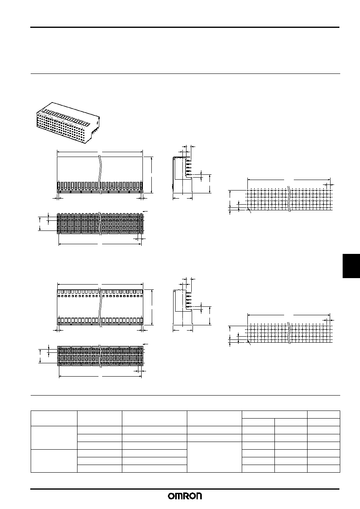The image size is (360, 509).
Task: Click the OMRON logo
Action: coord(185,496)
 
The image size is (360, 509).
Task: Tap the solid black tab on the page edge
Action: coord(351,266)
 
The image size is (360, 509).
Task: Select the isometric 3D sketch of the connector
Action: coord(68,123)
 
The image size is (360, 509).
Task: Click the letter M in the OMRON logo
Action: coord(180,496)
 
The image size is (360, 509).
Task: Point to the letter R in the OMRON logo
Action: coord(188,496)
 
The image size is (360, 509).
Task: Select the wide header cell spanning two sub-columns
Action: coord(274,415)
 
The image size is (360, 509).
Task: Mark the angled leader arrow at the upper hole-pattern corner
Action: coord(249,210)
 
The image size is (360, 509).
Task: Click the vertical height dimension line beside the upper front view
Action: coord(151,175)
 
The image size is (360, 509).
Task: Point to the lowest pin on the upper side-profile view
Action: coord(188,174)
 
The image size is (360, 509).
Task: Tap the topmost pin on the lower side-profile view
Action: coord(188,293)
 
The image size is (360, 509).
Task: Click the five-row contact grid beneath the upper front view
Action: coord(100,223)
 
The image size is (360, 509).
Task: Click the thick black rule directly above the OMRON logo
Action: coord(185,488)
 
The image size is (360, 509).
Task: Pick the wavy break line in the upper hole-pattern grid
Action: coord(289,199)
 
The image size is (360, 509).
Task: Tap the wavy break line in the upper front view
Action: coord(100,174)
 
